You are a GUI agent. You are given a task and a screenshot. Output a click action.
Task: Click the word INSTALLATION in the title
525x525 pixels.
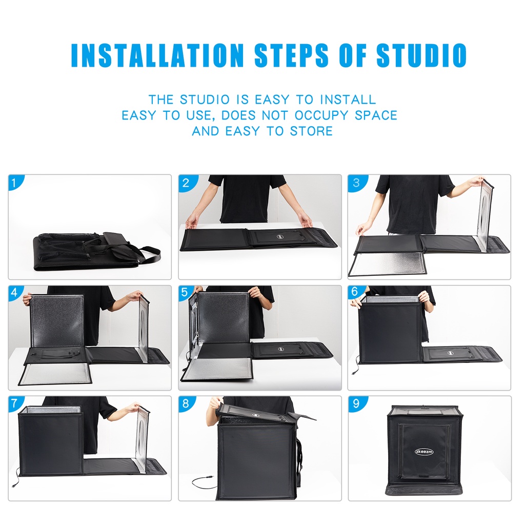click(x=157, y=55)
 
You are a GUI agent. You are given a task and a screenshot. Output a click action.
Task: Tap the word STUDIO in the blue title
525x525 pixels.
click(x=421, y=55)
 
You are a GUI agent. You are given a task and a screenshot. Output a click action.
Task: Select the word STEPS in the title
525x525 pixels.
click(x=291, y=55)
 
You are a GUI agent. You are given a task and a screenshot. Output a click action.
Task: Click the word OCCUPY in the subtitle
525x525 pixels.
click(x=321, y=115)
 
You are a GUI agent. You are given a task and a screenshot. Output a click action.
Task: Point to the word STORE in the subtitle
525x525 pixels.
click(x=311, y=131)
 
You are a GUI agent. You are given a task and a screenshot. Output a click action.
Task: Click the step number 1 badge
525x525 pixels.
click(x=15, y=183)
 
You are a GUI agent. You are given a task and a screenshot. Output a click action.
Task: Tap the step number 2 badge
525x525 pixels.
click(x=187, y=183)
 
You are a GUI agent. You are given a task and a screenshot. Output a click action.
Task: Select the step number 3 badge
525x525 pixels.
click(x=356, y=183)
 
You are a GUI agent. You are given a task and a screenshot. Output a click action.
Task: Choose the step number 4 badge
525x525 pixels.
click(x=15, y=293)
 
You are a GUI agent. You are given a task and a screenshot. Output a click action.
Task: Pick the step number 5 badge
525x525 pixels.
click(x=185, y=293)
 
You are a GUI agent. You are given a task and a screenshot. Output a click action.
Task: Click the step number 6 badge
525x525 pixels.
click(x=355, y=292)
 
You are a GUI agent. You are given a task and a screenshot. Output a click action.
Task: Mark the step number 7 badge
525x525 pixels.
click(x=15, y=403)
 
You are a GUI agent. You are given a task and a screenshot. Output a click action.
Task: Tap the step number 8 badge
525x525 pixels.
click(x=187, y=404)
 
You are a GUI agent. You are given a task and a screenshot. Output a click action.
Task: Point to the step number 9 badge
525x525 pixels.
click(x=356, y=404)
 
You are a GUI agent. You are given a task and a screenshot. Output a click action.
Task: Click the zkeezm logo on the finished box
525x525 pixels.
click(x=424, y=452)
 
